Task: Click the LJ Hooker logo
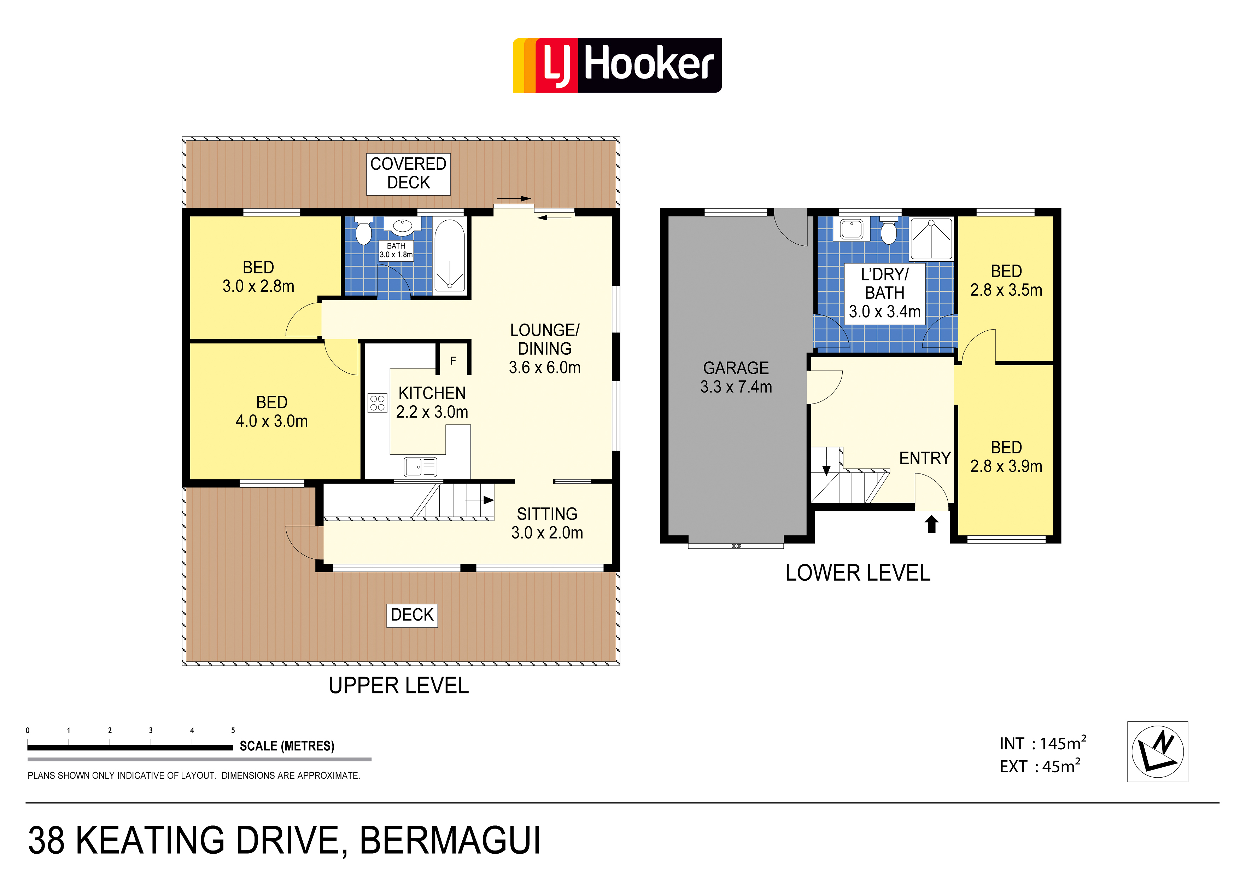[x=617, y=65]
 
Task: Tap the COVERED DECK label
[x=408, y=173]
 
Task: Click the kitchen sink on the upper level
[x=420, y=467]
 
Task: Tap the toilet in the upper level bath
[x=363, y=231]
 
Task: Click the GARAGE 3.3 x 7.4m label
[x=736, y=377]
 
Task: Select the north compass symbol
[x=1157, y=751]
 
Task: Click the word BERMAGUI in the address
[x=450, y=841]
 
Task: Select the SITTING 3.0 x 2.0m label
[x=547, y=523]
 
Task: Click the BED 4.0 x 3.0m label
[x=272, y=411]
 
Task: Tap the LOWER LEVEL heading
[x=858, y=573]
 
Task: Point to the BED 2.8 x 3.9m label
[x=1006, y=457]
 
